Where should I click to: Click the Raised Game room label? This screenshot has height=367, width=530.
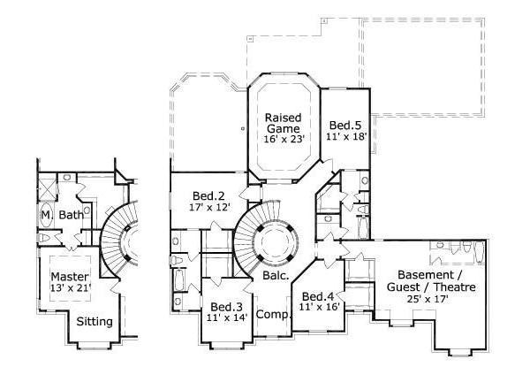point(284,122)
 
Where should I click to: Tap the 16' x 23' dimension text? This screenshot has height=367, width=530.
point(284,139)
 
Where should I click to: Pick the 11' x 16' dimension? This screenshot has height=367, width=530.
point(320,308)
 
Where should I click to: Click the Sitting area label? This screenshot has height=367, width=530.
point(95,321)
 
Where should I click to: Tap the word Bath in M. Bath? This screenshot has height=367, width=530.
point(72,215)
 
